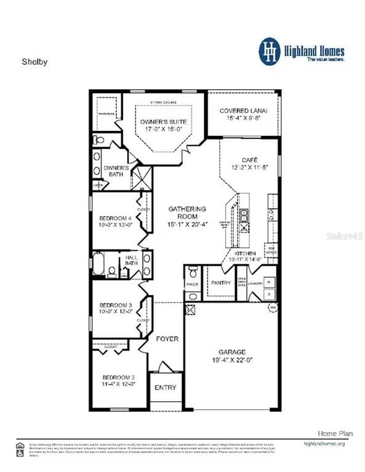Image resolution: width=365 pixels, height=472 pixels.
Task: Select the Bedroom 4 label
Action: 115,218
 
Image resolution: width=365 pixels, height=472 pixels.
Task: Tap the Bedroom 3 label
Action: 116,305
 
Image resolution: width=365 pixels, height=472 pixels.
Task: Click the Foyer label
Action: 166,339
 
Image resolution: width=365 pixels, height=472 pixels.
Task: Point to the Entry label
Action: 165,388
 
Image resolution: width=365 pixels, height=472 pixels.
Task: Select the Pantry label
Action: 220,283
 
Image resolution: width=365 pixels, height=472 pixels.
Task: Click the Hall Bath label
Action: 132,261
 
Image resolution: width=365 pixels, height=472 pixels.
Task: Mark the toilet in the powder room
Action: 192,272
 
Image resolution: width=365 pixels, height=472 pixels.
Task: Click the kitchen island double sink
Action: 244,215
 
